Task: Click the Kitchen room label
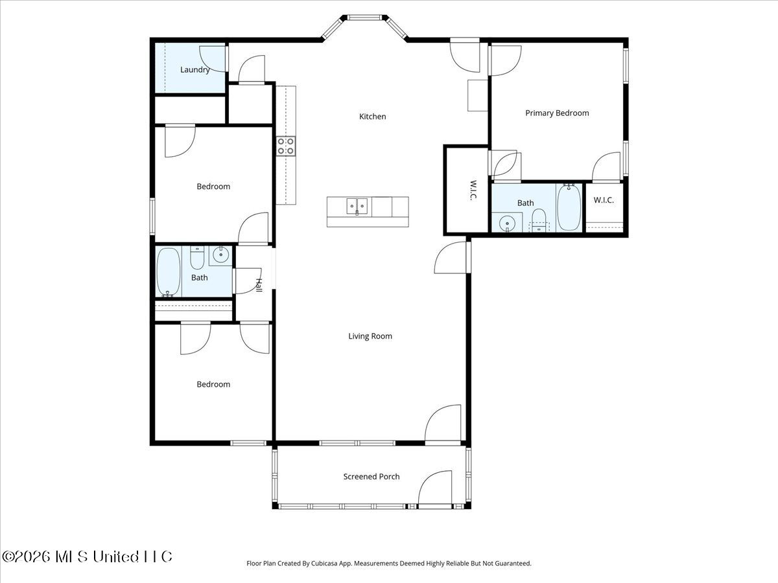coord(372,117)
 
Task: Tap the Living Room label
coord(370,336)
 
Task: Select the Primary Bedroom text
coord(557,113)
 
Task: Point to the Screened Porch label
coord(371,477)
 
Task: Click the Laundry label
coord(195,70)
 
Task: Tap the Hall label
coord(259,285)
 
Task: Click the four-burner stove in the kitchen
coord(286,146)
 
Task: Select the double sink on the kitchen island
coord(357,207)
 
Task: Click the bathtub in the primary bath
coord(569,207)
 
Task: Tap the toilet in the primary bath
coord(539,220)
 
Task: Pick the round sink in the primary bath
coord(507,223)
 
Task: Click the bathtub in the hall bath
coord(169,272)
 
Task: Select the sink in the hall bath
coord(220,255)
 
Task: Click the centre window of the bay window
coord(364,17)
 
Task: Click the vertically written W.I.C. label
coord(473,190)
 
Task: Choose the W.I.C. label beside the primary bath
coord(604,200)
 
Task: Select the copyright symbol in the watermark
coord(8,556)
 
